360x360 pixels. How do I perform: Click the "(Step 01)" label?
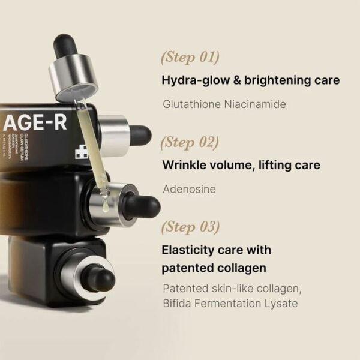pos(190,58)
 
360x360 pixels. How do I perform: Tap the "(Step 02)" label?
pos(190,143)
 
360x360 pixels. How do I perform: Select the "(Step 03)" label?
pos(191,227)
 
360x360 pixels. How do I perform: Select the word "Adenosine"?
pos(190,189)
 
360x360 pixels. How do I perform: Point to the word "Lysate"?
pos(280,304)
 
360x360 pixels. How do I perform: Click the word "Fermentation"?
pos(227,304)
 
